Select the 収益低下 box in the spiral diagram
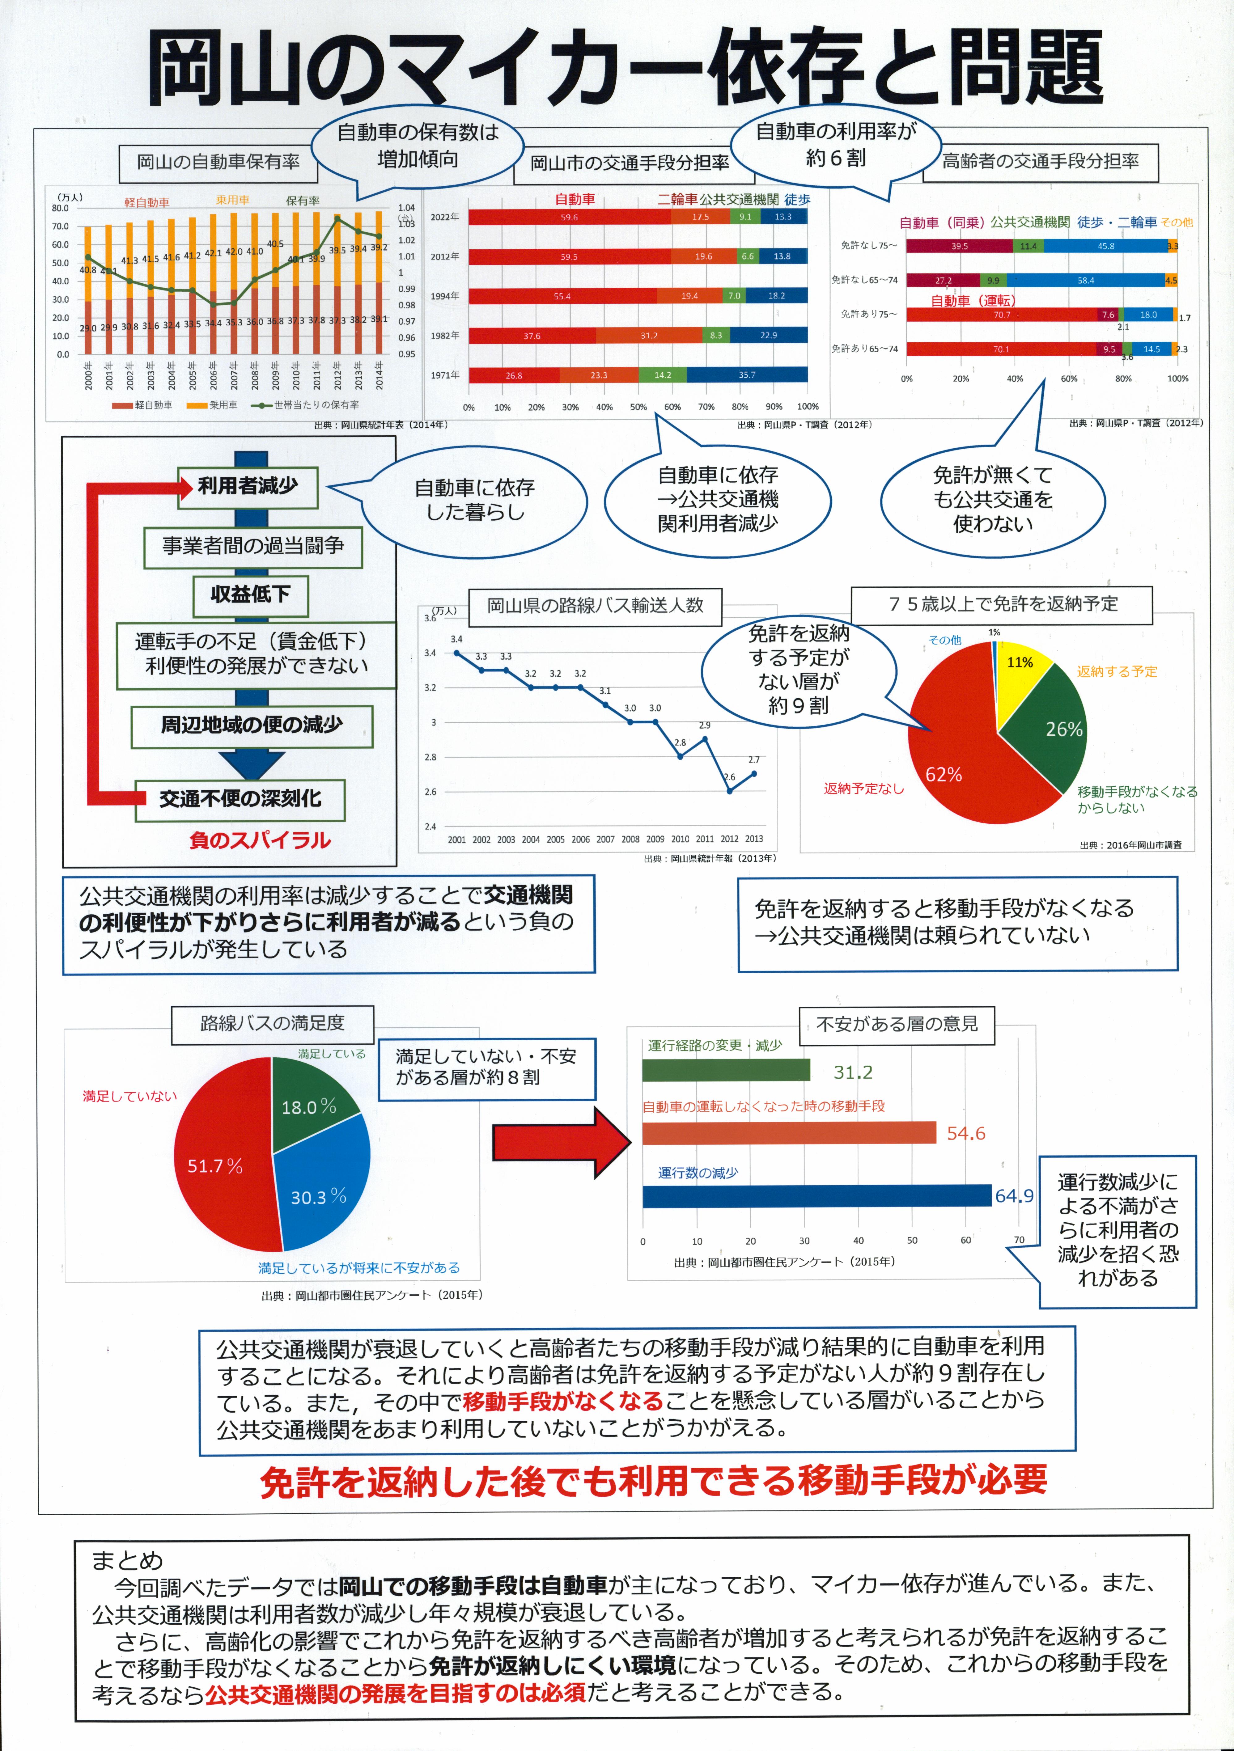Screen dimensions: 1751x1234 coord(250,595)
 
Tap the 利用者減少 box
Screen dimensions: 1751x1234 coord(248,487)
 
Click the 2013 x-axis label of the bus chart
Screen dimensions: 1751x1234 coord(753,839)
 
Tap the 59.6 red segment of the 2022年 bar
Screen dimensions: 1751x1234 coord(569,217)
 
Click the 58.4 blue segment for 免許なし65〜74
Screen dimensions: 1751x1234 coord(1085,281)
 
